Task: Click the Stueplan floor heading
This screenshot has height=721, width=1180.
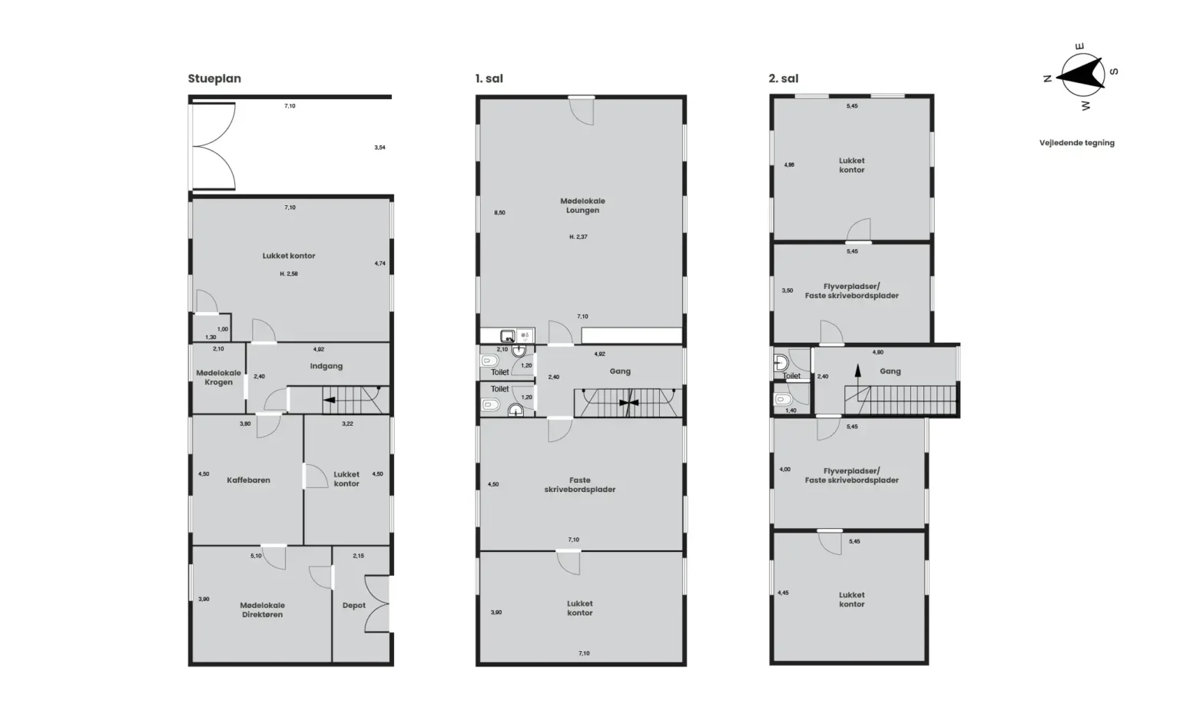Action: tap(214, 78)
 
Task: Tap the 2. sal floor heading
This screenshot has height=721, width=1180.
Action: tap(784, 78)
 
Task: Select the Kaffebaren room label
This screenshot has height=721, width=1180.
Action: tap(249, 480)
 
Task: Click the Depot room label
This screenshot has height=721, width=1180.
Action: tap(354, 606)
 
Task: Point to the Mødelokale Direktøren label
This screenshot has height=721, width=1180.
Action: tap(262, 610)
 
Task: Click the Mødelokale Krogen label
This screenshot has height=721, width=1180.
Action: tap(219, 377)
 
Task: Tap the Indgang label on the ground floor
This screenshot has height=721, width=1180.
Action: tap(326, 367)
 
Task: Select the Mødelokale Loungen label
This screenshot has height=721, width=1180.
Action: tap(582, 205)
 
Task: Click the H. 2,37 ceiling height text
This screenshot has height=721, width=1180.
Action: tap(578, 238)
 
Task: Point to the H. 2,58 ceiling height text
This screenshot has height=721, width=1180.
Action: tap(289, 274)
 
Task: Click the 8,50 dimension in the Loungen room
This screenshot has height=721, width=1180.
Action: tap(499, 213)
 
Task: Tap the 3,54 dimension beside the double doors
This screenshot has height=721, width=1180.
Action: tap(380, 148)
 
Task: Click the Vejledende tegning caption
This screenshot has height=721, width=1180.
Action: tap(1077, 143)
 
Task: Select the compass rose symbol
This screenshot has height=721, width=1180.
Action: tap(1081, 77)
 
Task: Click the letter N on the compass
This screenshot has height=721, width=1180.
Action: tap(1047, 78)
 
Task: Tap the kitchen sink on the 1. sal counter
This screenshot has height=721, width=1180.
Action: tap(507, 336)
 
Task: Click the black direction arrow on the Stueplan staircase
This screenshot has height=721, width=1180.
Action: tap(329, 400)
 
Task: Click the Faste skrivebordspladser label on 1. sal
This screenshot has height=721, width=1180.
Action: tap(580, 485)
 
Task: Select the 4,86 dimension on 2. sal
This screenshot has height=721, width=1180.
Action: tap(789, 165)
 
